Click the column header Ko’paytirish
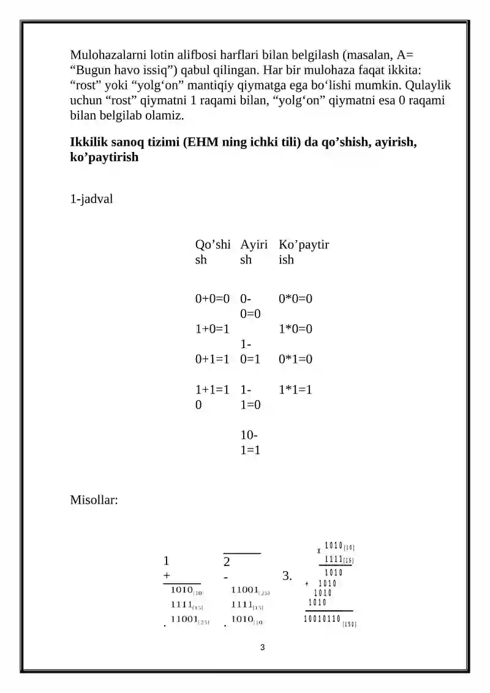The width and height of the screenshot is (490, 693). [304, 252]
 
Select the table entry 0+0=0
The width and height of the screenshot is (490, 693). [212, 299]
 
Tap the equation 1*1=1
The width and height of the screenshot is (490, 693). [295, 390]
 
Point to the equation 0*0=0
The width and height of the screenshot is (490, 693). [295, 299]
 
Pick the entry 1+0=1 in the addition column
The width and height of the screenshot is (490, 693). [212, 329]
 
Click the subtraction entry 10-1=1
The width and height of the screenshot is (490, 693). [249, 442]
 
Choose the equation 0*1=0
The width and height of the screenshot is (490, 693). [295, 359]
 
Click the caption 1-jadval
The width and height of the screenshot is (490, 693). [92, 199]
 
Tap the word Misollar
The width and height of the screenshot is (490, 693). [94, 500]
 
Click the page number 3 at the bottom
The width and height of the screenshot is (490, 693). [262, 647]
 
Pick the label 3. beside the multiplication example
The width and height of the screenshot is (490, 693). [286, 575]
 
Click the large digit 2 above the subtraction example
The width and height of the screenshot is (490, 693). [227, 562]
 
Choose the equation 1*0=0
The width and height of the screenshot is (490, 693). [295, 329]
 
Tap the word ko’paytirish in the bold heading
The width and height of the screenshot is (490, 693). [104, 157]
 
